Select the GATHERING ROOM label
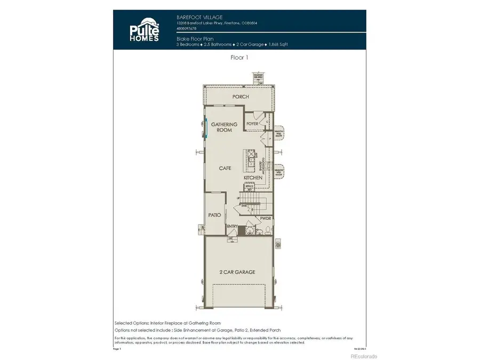point(225,127)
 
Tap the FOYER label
point(252,124)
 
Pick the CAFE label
point(225,168)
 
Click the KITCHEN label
point(253,177)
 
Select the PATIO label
point(215,215)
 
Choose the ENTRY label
point(232,226)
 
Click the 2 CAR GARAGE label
point(238,272)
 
